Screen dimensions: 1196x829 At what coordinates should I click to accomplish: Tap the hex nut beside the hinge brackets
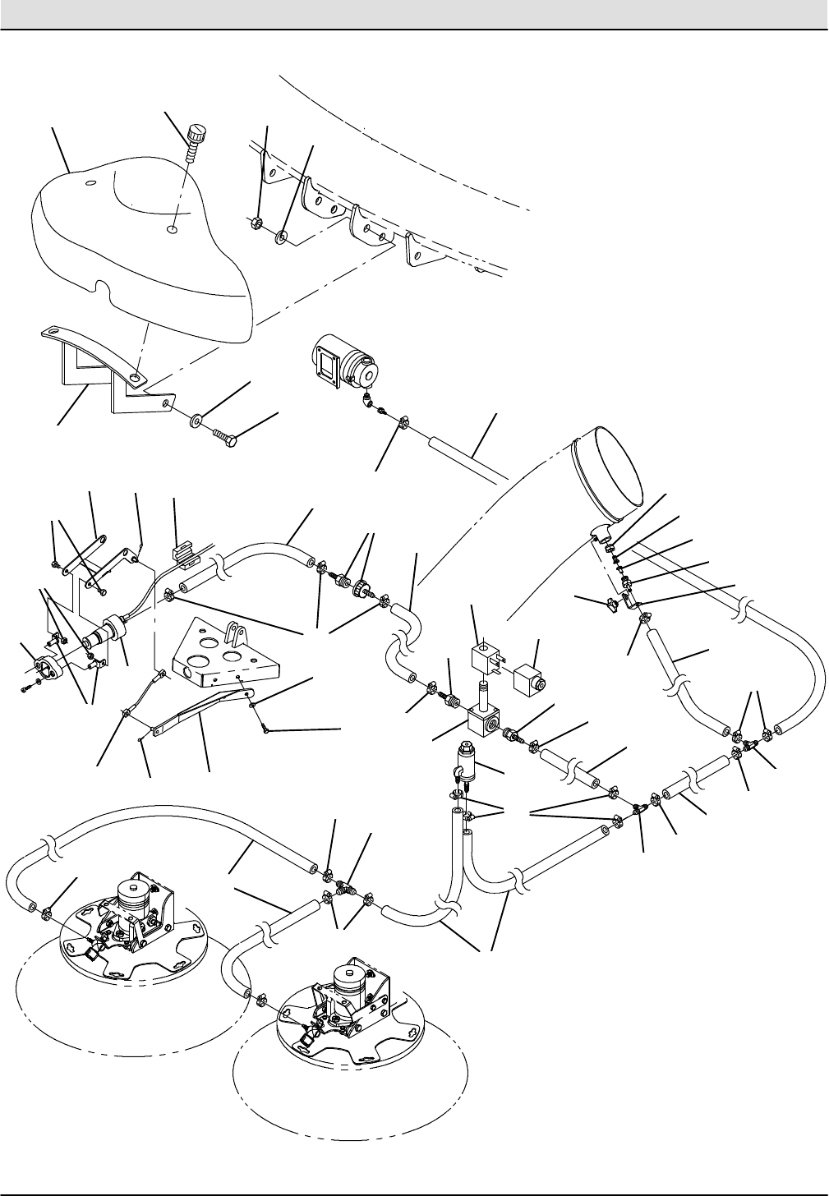pos(256,223)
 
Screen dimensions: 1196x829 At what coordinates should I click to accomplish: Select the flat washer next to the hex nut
pos(282,238)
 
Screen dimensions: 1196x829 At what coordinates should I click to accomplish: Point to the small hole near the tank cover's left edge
pos(91,182)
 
